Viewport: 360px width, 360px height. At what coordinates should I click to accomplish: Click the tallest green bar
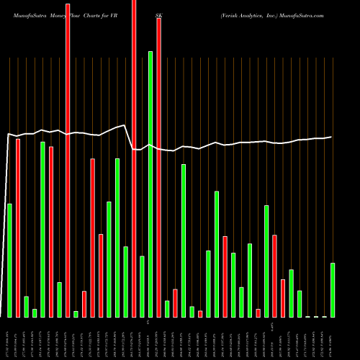click(150, 184)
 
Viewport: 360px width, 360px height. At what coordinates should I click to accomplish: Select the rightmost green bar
click(333, 289)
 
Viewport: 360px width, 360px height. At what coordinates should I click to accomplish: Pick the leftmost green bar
click(9, 260)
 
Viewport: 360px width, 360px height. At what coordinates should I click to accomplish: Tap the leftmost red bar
click(18, 228)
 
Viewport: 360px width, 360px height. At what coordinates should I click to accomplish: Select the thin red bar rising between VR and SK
click(134, 158)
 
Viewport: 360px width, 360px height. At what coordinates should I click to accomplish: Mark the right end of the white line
click(331, 137)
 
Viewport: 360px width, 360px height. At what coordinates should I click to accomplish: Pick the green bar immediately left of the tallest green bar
click(142, 286)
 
